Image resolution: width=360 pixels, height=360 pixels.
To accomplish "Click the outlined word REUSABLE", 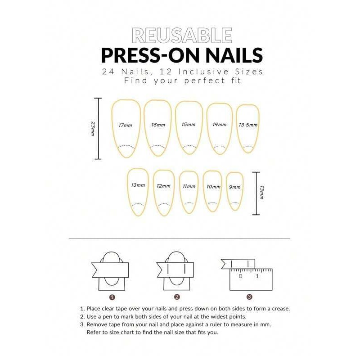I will tap(182, 35).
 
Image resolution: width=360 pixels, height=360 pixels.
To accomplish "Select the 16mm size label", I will tap(158, 125).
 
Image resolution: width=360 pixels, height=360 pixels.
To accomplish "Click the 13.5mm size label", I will tap(248, 125).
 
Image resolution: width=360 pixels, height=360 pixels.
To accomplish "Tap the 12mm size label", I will tap(163, 186).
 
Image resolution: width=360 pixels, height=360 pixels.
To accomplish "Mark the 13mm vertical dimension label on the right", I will tap(261, 193).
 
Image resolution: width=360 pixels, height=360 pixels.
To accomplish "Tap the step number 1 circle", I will tap(112, 297).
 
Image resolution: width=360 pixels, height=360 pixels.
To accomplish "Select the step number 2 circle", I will tap(177, 297).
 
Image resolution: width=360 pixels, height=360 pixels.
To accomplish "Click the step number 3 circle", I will tap(249, 297).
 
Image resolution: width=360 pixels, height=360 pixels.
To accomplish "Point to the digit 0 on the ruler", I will tap(241, 276).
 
